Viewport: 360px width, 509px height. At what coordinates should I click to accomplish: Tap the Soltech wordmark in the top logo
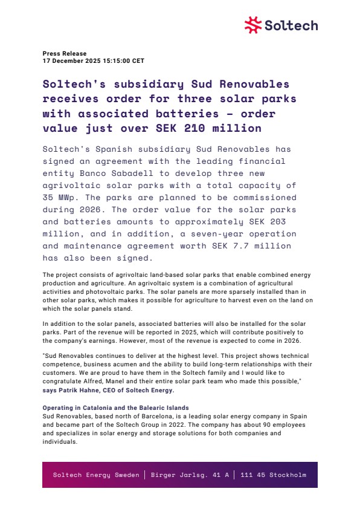(x=291, y=25)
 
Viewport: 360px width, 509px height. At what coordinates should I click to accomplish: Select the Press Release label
(x=65, y=54)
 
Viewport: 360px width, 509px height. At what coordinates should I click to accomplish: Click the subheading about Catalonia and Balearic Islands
(x=115, y=408)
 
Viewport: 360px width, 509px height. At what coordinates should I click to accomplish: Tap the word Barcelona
(x=151, y=415)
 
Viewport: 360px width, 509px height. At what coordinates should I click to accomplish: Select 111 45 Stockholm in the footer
(x=274, y=475)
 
